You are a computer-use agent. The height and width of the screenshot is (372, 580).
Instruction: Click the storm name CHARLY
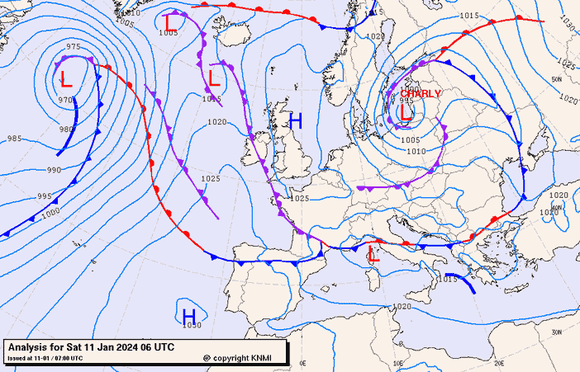pyautogui.click(x=421, y=94)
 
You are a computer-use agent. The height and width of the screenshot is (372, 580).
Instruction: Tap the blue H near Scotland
pyautogui.click(x=295, y=121)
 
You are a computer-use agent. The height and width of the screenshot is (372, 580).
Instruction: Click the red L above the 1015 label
pyautogui.click(x=213, y=79)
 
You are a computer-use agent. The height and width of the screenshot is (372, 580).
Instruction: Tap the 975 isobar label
pyautogui.click(x=74, y=47)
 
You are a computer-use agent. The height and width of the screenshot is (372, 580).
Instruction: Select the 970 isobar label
pyautogui.click(x=65, y=100)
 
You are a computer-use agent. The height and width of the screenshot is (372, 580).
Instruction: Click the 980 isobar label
pyautogui.click(x=66, y=129)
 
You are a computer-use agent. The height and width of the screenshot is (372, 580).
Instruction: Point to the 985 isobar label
pyautogui.click(x=14, y=139)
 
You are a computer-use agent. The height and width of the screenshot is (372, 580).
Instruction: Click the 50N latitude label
pyautogui.click(x=556, y=79)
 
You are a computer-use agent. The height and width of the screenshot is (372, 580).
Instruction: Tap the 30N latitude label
pyautogui.click(x=557, y=332)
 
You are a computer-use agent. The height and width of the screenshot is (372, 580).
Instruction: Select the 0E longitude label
pyautogui.click(x=302, y=362)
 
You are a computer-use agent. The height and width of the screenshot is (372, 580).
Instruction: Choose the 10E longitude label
pyautogui.click(x=399, y=362)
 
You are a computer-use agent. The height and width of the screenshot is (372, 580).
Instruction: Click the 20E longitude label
pyautogui.click(x=498, y=362)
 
